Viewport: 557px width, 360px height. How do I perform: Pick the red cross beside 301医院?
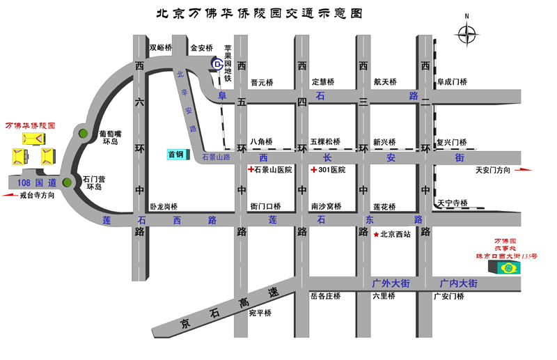pyautogui.click(x=313, y=169)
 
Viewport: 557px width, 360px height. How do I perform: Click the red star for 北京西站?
pyautogui.click(x=377, y=234)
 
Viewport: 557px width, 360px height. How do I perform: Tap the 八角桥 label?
pyautogui.click(x=262, y=142)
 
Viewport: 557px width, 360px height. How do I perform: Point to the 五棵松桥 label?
pyautogui.click(x=325, y=142)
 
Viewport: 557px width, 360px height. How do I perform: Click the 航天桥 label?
pyautogui.click(x=384, y=82)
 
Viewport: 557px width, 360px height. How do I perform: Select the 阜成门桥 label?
pyautogui.click(x=451, y=82)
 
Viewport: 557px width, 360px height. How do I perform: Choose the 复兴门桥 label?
pyautogui.click(x=451, y=142)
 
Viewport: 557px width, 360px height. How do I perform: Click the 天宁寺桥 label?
pyautogui.click(x=453, y=203)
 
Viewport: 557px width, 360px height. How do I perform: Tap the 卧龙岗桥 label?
pyautogui.click(x=164, y=207)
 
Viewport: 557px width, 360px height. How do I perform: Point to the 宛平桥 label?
pyautogui.click(x=260, y=313)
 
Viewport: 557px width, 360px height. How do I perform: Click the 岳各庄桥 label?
pyautogui.click(x=325, y=296)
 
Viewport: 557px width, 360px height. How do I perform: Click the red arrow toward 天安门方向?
pyautogui.click(x=524, y=169)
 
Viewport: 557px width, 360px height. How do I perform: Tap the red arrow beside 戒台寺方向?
pyautogui.click(x=10, y=196)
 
